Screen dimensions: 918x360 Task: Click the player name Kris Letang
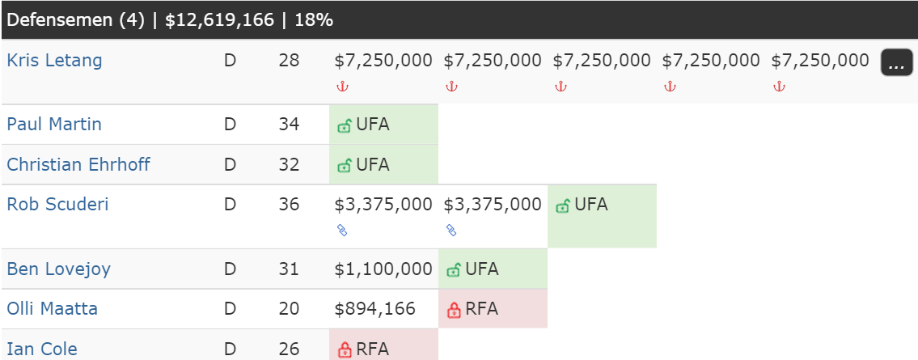(54, 61)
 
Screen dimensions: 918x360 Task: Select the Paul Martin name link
(54, 124)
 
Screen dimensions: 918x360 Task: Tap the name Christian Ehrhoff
(78, 164)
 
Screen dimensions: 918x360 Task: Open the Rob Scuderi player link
(57, 205)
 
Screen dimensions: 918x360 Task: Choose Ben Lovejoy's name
(58, 269)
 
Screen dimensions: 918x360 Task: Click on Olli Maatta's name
(52, 308)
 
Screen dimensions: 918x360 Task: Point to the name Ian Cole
(42, 349)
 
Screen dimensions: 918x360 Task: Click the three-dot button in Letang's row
(896, 62)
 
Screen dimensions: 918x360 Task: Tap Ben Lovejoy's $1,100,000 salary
(383, 269)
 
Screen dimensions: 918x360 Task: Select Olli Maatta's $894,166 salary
(374, 308)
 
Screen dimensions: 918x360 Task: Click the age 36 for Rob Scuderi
(289, 205)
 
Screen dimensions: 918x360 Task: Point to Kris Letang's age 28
(289, 61)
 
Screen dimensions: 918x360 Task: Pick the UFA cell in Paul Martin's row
(384, 125)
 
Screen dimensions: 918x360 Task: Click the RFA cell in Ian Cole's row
(384, 345)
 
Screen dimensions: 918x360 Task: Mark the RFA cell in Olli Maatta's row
(493, 308)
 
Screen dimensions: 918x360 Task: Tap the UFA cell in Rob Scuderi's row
(602, 216)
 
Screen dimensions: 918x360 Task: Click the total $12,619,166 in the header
(219, 20)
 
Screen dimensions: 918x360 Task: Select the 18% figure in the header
(315, 20)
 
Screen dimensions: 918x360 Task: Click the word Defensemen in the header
(63, 20)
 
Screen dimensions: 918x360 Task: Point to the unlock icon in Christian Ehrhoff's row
(345, 166)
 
